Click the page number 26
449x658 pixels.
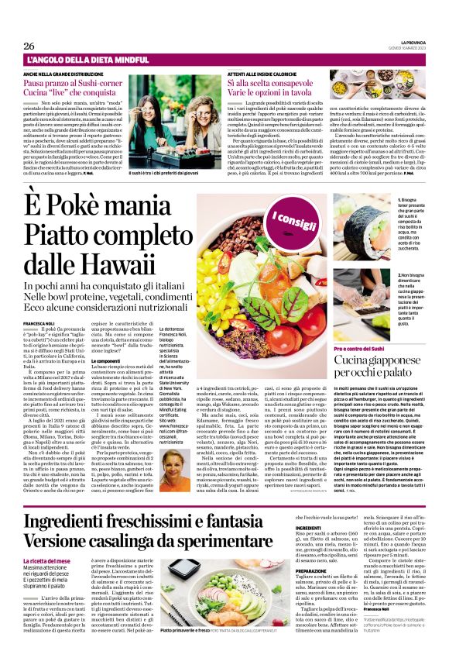[29, 46]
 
